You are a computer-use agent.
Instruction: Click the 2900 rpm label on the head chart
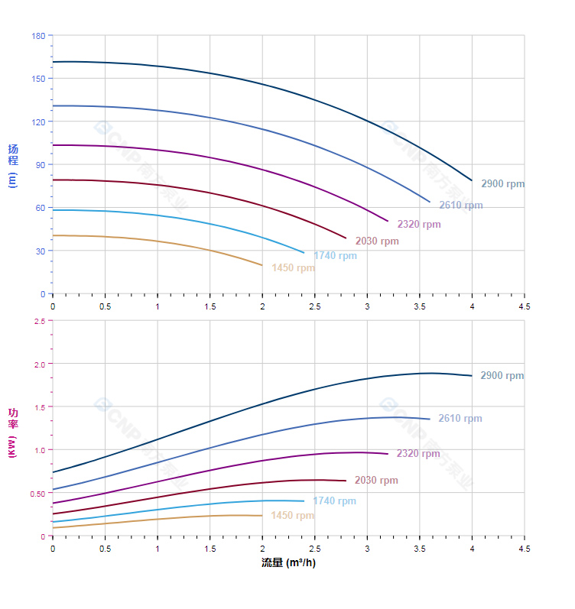click(x=502, y=184)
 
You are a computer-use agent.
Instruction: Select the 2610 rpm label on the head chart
click(x=460, y=206)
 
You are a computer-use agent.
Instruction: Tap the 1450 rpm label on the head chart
click(x=293, y=268)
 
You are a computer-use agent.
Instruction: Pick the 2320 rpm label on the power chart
click(x=418, y=454)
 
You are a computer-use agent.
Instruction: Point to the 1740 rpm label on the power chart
click(x=334, y=501)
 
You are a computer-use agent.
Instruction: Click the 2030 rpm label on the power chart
click(x=376, y=481)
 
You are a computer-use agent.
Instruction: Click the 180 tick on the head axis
click(x=38, y=36)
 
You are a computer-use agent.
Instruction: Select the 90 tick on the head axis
click(x=41, y=165)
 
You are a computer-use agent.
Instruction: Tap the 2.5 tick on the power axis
click(x=39, y=321)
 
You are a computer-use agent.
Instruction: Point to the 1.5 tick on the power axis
click(x=39, y=407)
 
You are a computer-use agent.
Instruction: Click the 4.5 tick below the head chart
click(x=525, y=306)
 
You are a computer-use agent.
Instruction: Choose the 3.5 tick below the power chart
click(x=420, y=549)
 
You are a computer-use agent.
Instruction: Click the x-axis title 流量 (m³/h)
click(x=288, y=563)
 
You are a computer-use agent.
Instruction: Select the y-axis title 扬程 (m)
click(x=13, y=165)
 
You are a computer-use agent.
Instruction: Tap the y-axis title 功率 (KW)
click(x=13, y=432)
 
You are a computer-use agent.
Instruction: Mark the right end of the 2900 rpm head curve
click(x=472, y=180)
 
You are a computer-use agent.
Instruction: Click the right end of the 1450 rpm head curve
click(x=262, y=265)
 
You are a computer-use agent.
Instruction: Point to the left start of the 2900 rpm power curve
click(x=53, y=472)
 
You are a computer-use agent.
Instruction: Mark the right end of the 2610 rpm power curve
click(x=430, y=419)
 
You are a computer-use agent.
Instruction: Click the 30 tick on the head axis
click(x=41, y=251)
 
